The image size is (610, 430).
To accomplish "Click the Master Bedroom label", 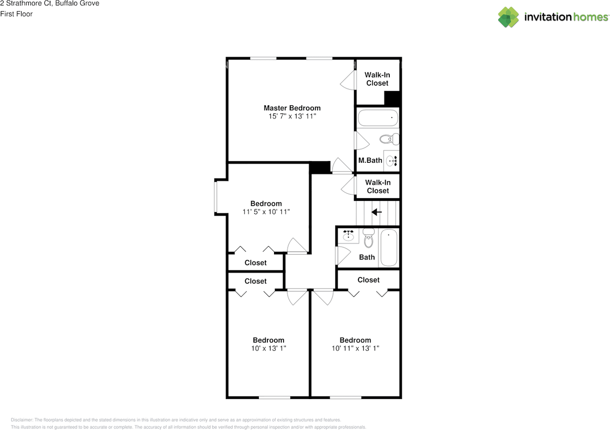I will [x=292, y=108].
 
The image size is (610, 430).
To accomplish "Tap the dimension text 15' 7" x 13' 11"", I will [x=292, y=116].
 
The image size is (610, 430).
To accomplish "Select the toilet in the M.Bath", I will [x=389, y=139].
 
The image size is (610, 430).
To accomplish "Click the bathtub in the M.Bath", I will [x=377, y=118].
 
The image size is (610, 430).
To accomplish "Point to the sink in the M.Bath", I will [x=391, y=161].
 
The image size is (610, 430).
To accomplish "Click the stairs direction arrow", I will [x=377, y=212].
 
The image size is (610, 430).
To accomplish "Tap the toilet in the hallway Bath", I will [x=368, y=239].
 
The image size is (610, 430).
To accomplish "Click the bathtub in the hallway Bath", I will [x=389, y=248].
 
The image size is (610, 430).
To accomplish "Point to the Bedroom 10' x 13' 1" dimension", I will [x=269, y=349].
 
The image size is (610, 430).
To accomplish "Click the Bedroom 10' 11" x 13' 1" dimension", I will [x=355, y=349].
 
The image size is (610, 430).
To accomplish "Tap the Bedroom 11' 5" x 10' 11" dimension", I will [x=266, y=211].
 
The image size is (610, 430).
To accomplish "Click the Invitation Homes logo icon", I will [x=508, y=17].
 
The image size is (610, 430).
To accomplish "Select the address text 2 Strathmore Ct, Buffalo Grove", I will [x=50, y=4].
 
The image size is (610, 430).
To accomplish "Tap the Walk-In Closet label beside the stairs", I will [x=377, y=186].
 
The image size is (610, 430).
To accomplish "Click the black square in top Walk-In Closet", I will [x=392, y=98].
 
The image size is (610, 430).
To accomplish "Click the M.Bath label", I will [x=370, y=160].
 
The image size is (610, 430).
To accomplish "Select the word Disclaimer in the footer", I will [x=21, y=420].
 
